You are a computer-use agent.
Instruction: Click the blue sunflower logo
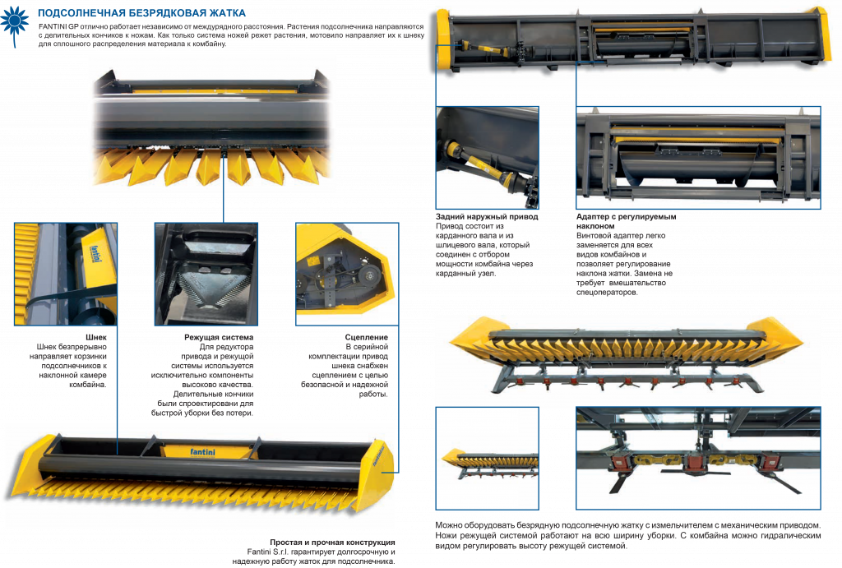[15, 22]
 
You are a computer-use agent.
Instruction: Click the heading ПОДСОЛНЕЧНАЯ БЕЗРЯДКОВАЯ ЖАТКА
[141, 13]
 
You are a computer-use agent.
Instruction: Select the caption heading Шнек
[96, 337]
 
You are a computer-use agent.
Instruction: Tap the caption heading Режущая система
[219, 337]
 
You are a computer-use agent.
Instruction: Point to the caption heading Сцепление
[366, 337]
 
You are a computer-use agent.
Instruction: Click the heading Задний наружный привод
[487, 216]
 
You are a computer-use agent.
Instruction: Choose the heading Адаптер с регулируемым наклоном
[626, 221]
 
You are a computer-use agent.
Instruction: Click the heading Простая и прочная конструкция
[332, 543]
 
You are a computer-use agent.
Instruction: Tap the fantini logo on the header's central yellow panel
[202, 452]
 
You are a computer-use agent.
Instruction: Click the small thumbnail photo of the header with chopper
[487, 458]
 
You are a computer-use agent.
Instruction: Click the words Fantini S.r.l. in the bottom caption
[267, 552]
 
